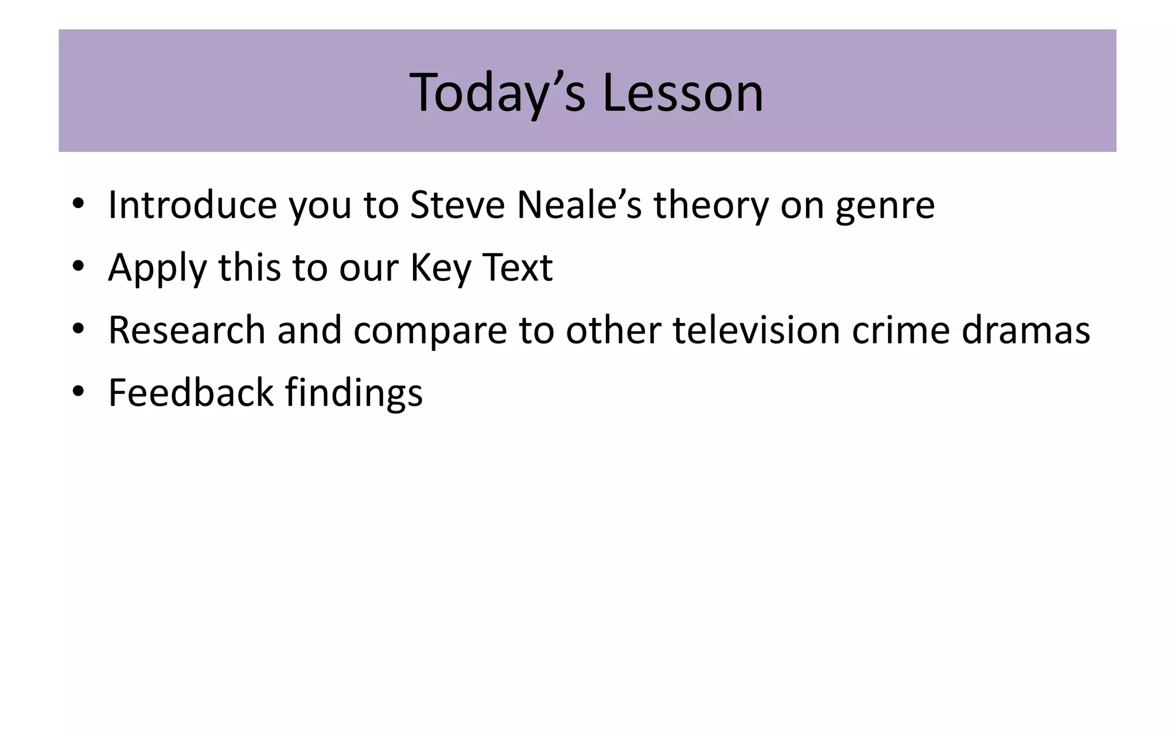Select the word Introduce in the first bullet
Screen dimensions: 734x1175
pyautogui.click(x=193, y=205)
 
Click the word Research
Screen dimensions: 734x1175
pyautogui.click(x=186, y=330)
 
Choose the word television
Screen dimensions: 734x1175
pyautogui.click(x=756, y=330)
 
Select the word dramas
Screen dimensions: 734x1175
pyautogui.click(x=1026, y=330)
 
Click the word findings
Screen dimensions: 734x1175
pyautogui.click(x=353, y=394)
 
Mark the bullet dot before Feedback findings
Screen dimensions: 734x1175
pyautogui.click(x=79, y=392)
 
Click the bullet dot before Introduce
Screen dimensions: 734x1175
pyautogui.click(x=79, y=204)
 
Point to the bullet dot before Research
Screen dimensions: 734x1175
pyautogui.click(x=79, y=329)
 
